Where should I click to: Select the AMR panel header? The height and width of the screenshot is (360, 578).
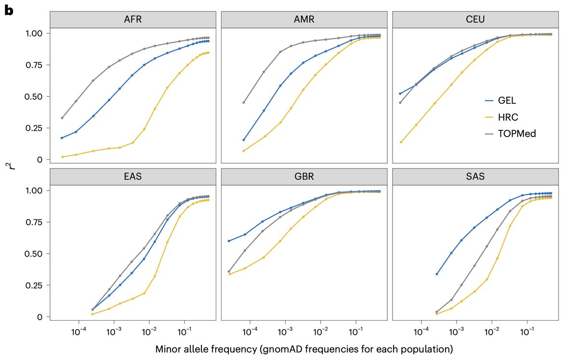(x=303, y=20)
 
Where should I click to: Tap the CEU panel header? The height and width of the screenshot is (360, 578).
(x=475, y=20)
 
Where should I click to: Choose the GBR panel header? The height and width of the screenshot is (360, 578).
(x=303, y=177)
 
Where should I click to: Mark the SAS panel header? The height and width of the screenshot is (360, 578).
(x=475, y=177)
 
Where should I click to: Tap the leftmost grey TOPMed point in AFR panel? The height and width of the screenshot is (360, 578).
(x=62, y=118)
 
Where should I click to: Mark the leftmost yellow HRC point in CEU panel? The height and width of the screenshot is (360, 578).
(x=401, y=142)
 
